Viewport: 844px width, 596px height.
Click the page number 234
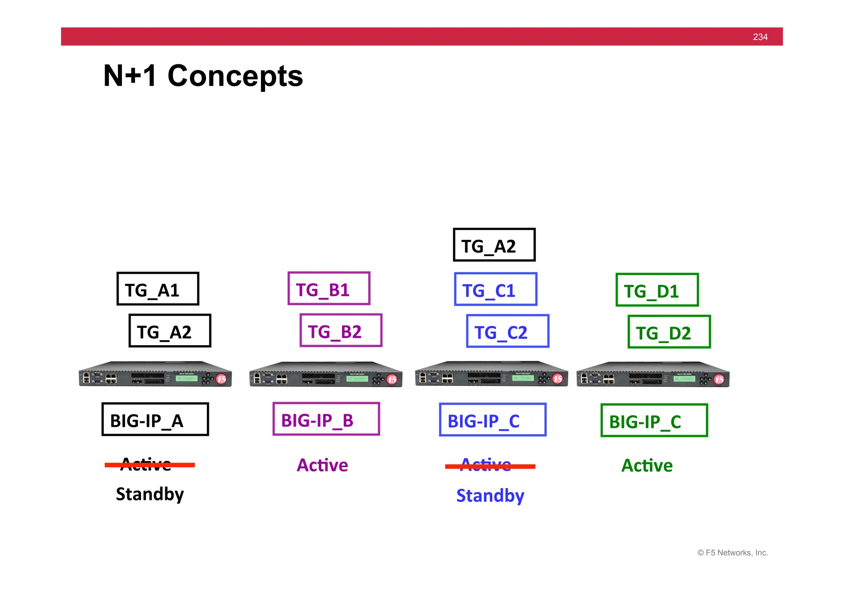[x=760, y=37]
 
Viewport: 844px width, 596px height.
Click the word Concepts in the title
[x=235, y=76]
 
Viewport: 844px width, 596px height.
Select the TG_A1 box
[x=158, y=289]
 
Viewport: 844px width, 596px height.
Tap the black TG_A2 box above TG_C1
[x=494, y=245]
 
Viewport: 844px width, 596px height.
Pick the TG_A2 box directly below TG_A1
[x=170, y=331]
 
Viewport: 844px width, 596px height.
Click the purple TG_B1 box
[x=329, y=288]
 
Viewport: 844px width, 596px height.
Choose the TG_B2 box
[x=341, y=330]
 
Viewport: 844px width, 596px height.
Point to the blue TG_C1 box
[x=495, y=289]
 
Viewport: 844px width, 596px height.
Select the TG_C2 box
[x=508, y=331]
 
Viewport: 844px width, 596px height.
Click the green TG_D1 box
[x=657, y=290]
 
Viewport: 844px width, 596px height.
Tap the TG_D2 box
[x=669, y=332]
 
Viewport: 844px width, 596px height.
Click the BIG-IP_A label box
[x=155, y=419]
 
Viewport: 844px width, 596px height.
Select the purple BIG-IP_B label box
[x=326, y=419]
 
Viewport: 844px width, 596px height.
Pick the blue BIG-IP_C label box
[x=492, y=420]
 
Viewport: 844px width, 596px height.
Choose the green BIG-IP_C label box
[x=654, y=421]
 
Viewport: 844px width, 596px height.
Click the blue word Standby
[x=490, y=495]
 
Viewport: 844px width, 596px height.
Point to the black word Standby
[x=150, y=494]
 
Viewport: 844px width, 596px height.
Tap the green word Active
[x=647, y=465]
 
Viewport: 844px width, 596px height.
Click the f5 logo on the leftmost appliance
[x=221, y=379]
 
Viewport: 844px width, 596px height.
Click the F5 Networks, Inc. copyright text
[x=732, y=553]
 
